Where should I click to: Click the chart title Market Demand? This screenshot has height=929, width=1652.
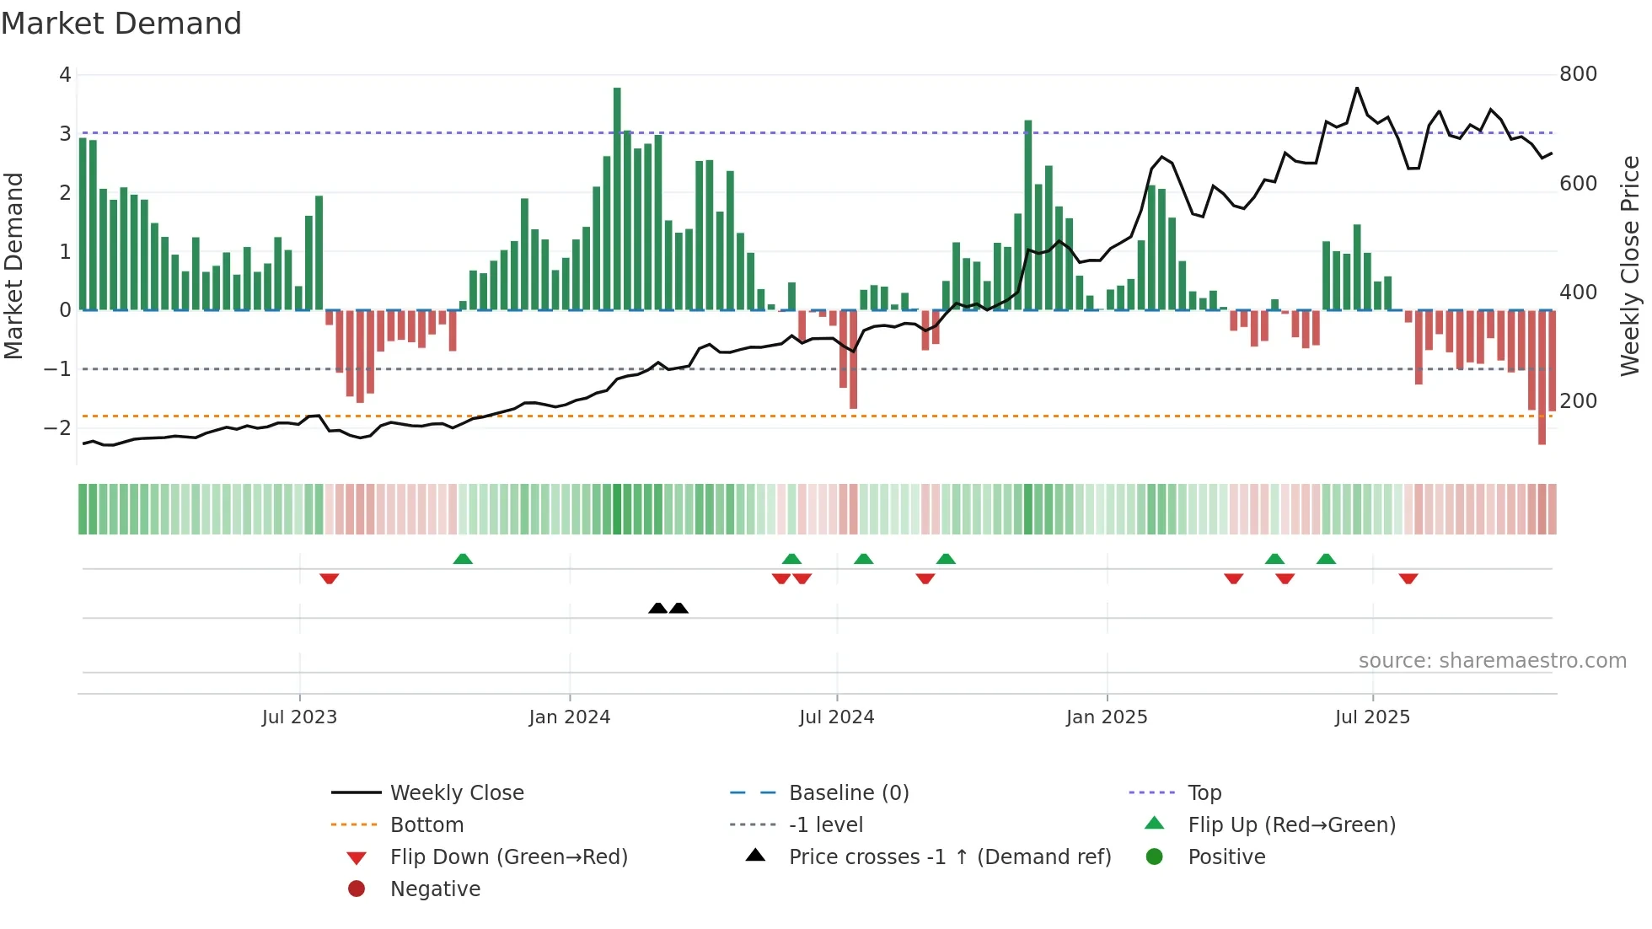[x=121, y=24]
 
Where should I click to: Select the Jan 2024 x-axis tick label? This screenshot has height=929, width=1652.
[x=569, y=717]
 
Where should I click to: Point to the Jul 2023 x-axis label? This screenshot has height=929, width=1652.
[x=299, y=717]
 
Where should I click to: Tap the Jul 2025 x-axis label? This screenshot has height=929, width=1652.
[x=1372, y=717]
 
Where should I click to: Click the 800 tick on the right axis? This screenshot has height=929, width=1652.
[x=1578, y=74]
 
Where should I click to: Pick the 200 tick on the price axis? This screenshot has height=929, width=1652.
[x=1578, y=401]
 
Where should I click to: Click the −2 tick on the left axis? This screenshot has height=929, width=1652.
[x=57, y=428]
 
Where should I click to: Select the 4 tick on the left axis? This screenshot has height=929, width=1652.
[x=65, y=75]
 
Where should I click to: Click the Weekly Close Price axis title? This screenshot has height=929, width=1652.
[x=1630, y=266]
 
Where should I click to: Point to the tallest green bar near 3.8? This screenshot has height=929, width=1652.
[x=617, y=198]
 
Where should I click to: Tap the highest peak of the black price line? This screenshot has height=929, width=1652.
[x=1357, y=89]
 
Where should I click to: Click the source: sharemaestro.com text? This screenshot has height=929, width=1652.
[x=1492, y=661]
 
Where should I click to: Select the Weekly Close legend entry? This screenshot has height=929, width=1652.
[x=456, y=793]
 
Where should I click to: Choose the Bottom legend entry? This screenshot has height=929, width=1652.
[x=426, y=825]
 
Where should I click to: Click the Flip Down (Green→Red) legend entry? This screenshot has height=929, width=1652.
[x=508, y=857]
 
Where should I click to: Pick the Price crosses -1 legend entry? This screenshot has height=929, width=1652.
[x=949, y=857]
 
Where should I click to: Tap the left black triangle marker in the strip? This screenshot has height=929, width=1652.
[x=658, y=608]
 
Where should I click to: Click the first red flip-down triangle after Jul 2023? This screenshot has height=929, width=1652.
[x=330, y=578]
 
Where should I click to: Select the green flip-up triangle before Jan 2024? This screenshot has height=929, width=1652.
[x=463, y=559]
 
